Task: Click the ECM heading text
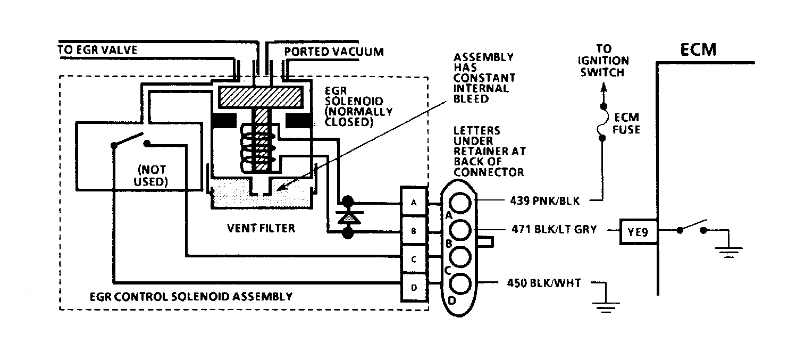(x=698, y=49)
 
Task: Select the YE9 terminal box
(x=638, y=231)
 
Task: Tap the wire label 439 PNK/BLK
(x=545, y=201)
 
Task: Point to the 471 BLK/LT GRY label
(x=554, y=229)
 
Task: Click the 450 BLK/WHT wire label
(x=544, y=283)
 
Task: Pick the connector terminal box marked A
(x=414, y=202)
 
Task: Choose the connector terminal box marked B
(x=414, y=231)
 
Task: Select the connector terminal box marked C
(x=414, y=259)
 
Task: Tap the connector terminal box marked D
(x=414, y=288)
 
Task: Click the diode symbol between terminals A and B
(x=348, y=217)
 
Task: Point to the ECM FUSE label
(x=626, y=123)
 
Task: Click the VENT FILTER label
(x=261, y=228)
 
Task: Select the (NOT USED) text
(x=151, y=175)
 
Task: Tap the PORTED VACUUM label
(x=334, y=52)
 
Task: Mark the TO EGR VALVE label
(x=97, y=50)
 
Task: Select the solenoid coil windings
(x=258, y=148)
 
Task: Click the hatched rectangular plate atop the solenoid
(x=261, y=97)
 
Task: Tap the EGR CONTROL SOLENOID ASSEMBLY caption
(x=191, y=297)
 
